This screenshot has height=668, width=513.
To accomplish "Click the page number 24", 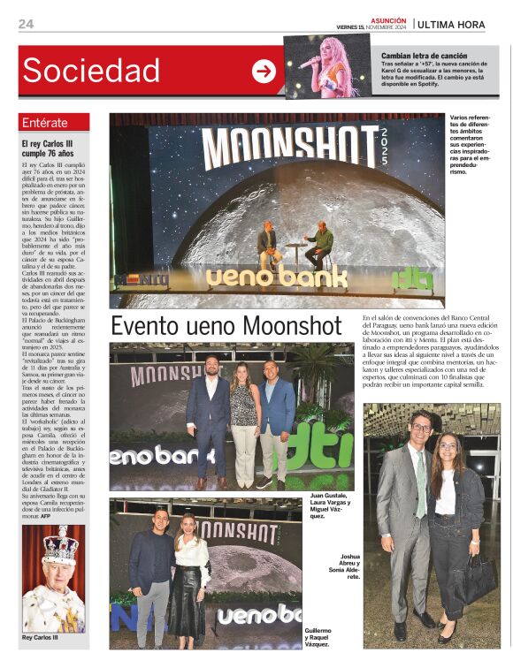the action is point(26,24).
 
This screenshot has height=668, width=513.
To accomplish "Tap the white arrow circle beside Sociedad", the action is point(264,71).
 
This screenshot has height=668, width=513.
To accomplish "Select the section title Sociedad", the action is point(91,71).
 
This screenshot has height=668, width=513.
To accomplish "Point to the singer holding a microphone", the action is point(327,66).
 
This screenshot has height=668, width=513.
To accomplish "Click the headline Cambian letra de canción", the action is point(424,55).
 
